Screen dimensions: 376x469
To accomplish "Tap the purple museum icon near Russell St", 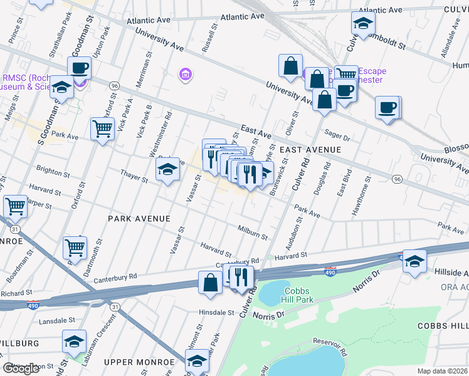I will click(185, 75).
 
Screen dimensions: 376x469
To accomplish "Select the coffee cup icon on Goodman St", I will click(80, 68).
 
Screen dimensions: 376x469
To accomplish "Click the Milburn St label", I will click(253, 233).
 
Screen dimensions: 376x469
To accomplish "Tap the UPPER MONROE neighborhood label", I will click(139, 362).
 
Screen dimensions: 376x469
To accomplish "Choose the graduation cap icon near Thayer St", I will click(167, 169).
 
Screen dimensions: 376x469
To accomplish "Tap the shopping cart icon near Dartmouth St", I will click(75, 248).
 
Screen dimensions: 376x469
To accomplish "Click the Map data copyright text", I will click(443, 370).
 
